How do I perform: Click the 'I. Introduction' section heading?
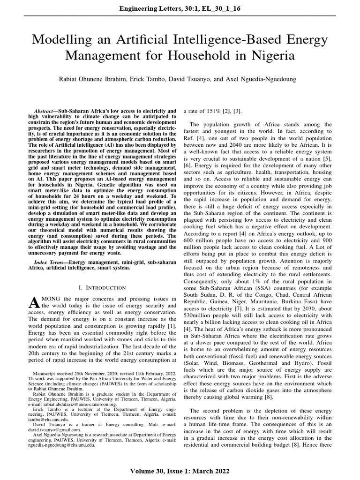pos(102,287)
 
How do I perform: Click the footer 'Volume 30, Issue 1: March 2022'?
pos(180,470)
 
